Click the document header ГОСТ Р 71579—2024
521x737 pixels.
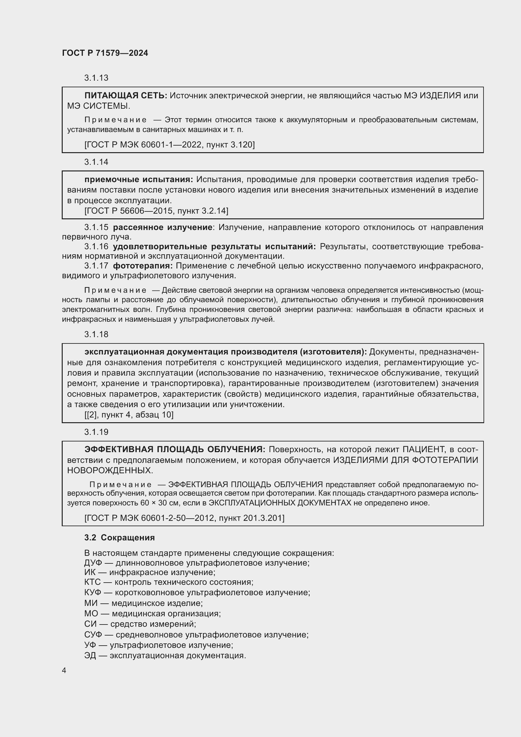(105, 53)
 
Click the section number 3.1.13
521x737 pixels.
(96, 78)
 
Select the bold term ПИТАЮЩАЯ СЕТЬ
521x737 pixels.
(125, 95)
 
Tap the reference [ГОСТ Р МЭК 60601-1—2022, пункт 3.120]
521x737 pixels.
(169, 145)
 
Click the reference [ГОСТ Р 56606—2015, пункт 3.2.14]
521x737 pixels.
(156, 210)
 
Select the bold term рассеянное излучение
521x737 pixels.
(163, 227)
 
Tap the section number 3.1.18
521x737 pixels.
(96, 335)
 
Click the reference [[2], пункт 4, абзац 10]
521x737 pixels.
(129, 415)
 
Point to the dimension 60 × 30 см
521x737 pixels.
(160, 503)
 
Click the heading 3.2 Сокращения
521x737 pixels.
(119, 538)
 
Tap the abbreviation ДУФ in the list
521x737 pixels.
(93, 563)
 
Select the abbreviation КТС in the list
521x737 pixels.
(92, 582)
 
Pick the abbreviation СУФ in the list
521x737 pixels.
(93, 635)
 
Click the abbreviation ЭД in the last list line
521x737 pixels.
(90, 655)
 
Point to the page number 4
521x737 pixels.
(64, 671)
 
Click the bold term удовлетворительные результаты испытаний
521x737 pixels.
(214, 246)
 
